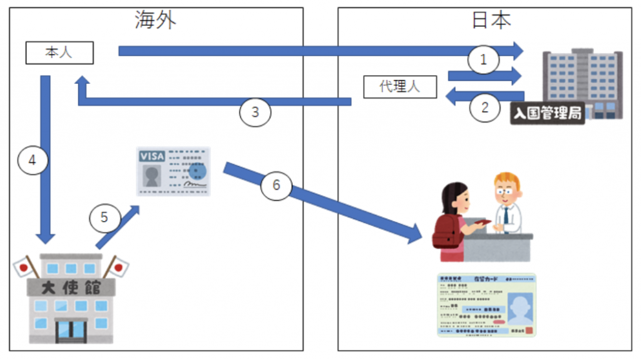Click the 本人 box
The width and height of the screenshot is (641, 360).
tap(59, 53)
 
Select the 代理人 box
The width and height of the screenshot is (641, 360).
tap(400, 86)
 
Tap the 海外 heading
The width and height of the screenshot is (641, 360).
tap(155, 20)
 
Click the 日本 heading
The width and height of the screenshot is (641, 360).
tap(491, 20)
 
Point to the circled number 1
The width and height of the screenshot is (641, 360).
tap(483, 60)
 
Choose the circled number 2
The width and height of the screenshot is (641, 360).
tap(485, 107)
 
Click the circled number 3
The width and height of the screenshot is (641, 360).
tap(255, 113)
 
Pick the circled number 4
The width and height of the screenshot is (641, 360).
tap(33, 160)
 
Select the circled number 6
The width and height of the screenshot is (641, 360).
tap(277, 185)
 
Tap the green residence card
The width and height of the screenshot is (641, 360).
tap(486, 305)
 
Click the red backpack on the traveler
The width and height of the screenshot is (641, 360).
tap(445, 232)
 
